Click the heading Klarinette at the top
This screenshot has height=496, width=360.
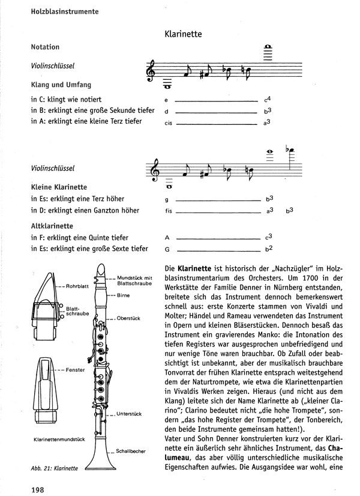[182, 35]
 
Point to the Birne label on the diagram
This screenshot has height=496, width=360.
[124, 296]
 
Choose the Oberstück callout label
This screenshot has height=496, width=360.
[129, 318]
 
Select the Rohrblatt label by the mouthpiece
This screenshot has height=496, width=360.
[77, 286]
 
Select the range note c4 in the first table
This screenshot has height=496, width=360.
[268, 98]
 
